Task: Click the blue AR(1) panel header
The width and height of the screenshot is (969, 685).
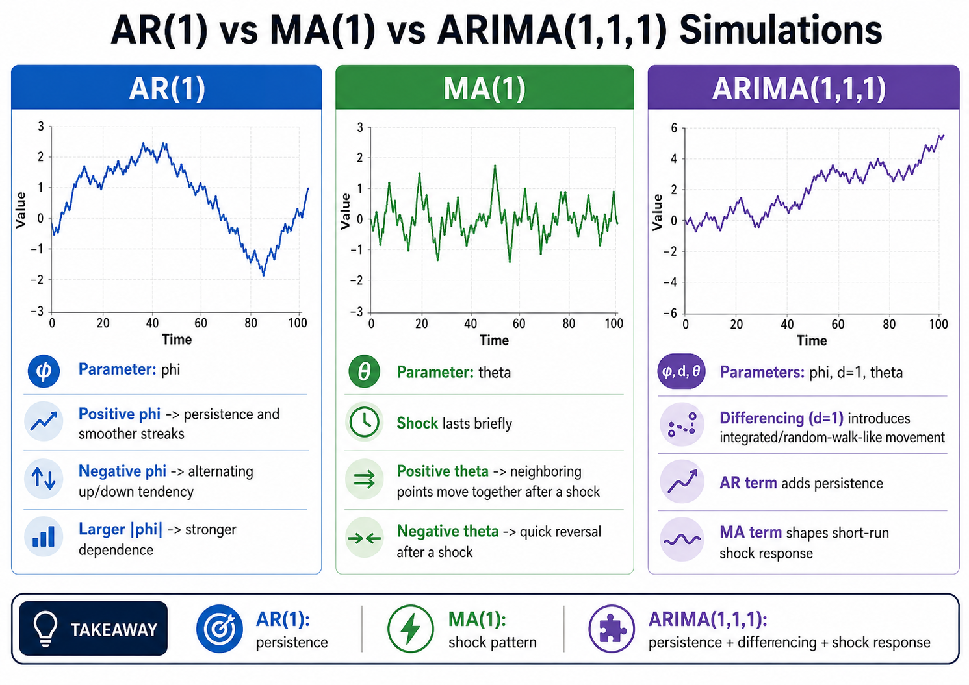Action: (166, 87)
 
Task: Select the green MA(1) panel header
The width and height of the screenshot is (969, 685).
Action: (485, 87)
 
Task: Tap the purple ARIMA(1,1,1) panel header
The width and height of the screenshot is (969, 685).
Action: (803, 87)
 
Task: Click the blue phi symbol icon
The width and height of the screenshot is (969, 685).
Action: (44, 371)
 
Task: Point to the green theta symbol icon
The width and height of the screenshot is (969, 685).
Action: (364, 371)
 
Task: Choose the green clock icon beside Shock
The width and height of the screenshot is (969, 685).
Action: (364, 422)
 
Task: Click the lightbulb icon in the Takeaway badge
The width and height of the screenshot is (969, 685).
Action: (45, 629)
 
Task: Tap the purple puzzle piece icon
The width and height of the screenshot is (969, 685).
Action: (612, 628)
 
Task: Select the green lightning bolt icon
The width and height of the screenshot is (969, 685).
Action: (410, 628)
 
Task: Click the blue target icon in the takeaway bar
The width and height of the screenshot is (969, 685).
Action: (219, 628)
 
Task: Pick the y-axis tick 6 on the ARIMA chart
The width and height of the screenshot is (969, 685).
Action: (673, 128)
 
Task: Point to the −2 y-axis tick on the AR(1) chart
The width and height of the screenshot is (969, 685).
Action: (38, 280)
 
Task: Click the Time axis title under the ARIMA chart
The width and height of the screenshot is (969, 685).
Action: (812, 341)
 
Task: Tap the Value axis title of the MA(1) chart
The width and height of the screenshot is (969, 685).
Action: (345, 211)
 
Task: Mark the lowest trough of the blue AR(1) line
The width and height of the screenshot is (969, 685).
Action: (263, 275)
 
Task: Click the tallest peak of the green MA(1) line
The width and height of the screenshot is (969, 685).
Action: (495, 166)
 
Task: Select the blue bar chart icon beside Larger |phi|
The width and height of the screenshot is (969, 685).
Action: (44, 536)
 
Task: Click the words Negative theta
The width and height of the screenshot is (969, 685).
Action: (448, 531)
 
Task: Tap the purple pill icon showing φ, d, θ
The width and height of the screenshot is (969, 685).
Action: (681, 371)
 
